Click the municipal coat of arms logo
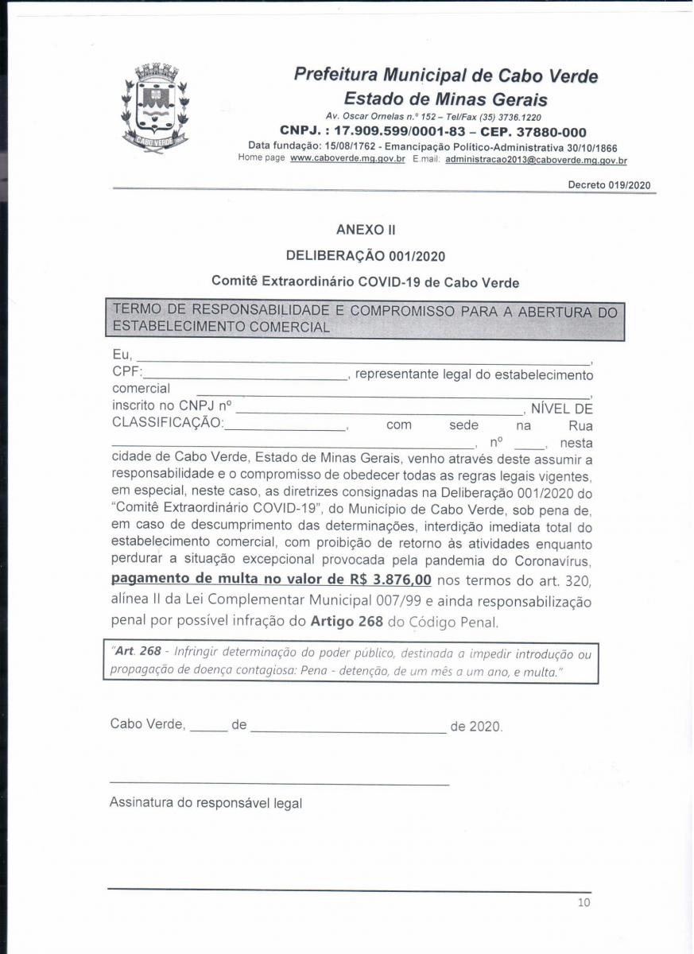155,109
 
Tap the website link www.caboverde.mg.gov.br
347,159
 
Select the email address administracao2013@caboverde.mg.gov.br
536,160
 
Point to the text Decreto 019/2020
609,185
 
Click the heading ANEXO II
366,230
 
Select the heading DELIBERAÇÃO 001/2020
366,256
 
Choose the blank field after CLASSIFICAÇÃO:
285,428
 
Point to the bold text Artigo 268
347,620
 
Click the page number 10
584,902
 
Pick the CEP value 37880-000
544,131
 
